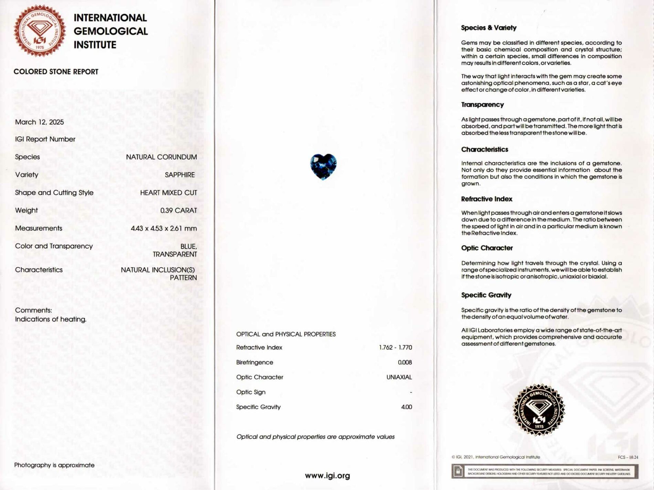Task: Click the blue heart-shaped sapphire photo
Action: point(323,167)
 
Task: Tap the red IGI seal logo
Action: point(40,31)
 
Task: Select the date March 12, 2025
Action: point(39,122)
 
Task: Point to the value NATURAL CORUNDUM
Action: point(161,157)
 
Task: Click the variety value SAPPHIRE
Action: point(180,175)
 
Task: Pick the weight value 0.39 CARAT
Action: point(179,210)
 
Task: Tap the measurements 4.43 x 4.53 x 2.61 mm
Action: point(164,228)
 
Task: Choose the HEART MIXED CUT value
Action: point(168,193)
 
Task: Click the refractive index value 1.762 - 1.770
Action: point(395,348)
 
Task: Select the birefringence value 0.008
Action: point(405,362)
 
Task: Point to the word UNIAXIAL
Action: point(399,377)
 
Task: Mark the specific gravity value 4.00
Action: point(407,407)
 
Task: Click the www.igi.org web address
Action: point(327,476)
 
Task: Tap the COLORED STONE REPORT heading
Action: point(56,72)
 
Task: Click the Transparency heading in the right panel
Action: point(482,105)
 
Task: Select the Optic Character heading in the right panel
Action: point(487,248)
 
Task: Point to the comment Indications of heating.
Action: point(51,319)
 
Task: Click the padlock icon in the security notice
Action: point(458,471)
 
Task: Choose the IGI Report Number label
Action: point(45,139)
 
